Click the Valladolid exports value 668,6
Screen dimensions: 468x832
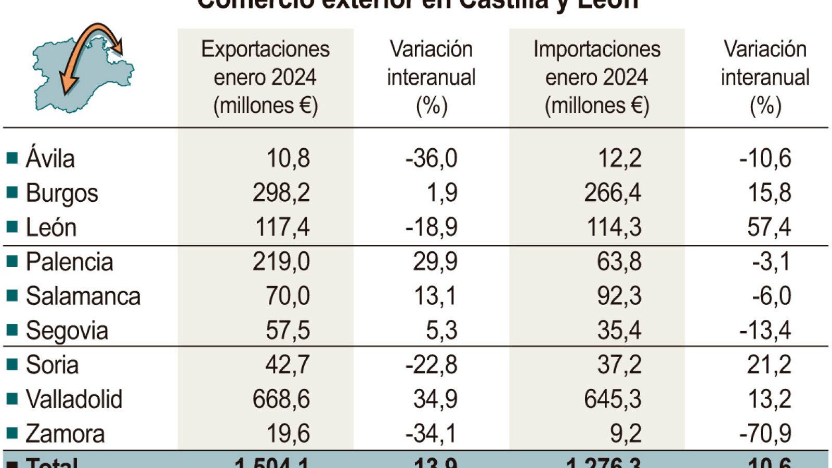pyautogui.click(x=281, y=399)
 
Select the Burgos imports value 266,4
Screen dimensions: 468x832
pyautogui.click(x=612, y=192)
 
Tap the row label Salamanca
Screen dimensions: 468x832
pyautogui.click(x=83, y=296)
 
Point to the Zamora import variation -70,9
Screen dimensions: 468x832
pyautogui.click(x=765, y=433)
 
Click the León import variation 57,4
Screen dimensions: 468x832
pyautogui.click(x=769, y=227)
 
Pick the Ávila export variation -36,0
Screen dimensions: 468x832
pyautogui.click(x=431, y=158)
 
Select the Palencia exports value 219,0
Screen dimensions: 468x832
pyautogui.click(x=281, y=261)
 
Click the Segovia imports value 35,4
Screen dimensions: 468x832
pyautogui.click(x=619, y=330)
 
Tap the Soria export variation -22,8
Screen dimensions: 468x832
pyautogui.click(x=431, y=365)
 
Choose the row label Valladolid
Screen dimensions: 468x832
pyautogui.click(x=74, y=399)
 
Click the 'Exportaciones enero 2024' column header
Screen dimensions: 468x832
pyautogui.click(x=265, y=77)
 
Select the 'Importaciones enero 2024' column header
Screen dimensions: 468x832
pyautogui.click(x=596, y=77)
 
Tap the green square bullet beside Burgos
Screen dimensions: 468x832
pyautogui.click(x=12, y=192)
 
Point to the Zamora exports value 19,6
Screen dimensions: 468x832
pyautogui.click(x=288, y=433)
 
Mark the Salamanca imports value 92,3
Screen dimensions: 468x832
pyautogui.click(x=619, y=296)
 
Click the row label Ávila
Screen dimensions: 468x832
pyautogui.click(x=50, y=158)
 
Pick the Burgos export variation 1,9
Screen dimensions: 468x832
pyautogui.click(x=441, y=192)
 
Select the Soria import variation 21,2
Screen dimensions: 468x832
pyautogui.click(x=769, y=365)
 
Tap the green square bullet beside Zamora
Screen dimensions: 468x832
pyautogui.click(x=12, y=433)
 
